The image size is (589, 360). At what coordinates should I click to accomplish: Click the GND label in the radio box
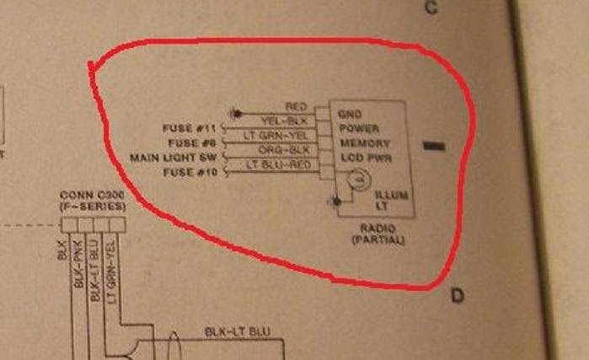351,114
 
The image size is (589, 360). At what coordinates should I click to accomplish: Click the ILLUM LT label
390,201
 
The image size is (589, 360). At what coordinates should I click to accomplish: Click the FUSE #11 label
189,129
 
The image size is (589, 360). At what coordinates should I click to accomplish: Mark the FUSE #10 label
189,173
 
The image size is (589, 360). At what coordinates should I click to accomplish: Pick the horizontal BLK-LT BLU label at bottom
238,332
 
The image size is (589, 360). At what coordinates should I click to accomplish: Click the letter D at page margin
458,295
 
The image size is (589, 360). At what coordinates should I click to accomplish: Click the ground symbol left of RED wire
238,112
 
